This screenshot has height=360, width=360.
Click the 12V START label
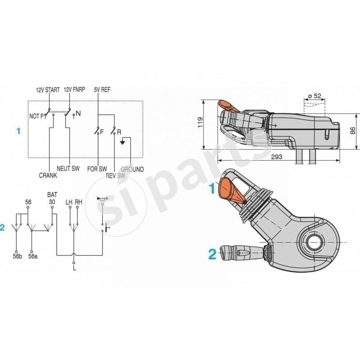coord(48,90)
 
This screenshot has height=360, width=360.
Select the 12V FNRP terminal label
coord(75,90)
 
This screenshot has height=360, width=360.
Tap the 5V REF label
coord(103,90)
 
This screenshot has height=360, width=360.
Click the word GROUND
coord(133,170)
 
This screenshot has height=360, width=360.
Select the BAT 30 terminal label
coord(52,199)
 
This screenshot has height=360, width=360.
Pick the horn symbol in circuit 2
coord(101,198)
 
